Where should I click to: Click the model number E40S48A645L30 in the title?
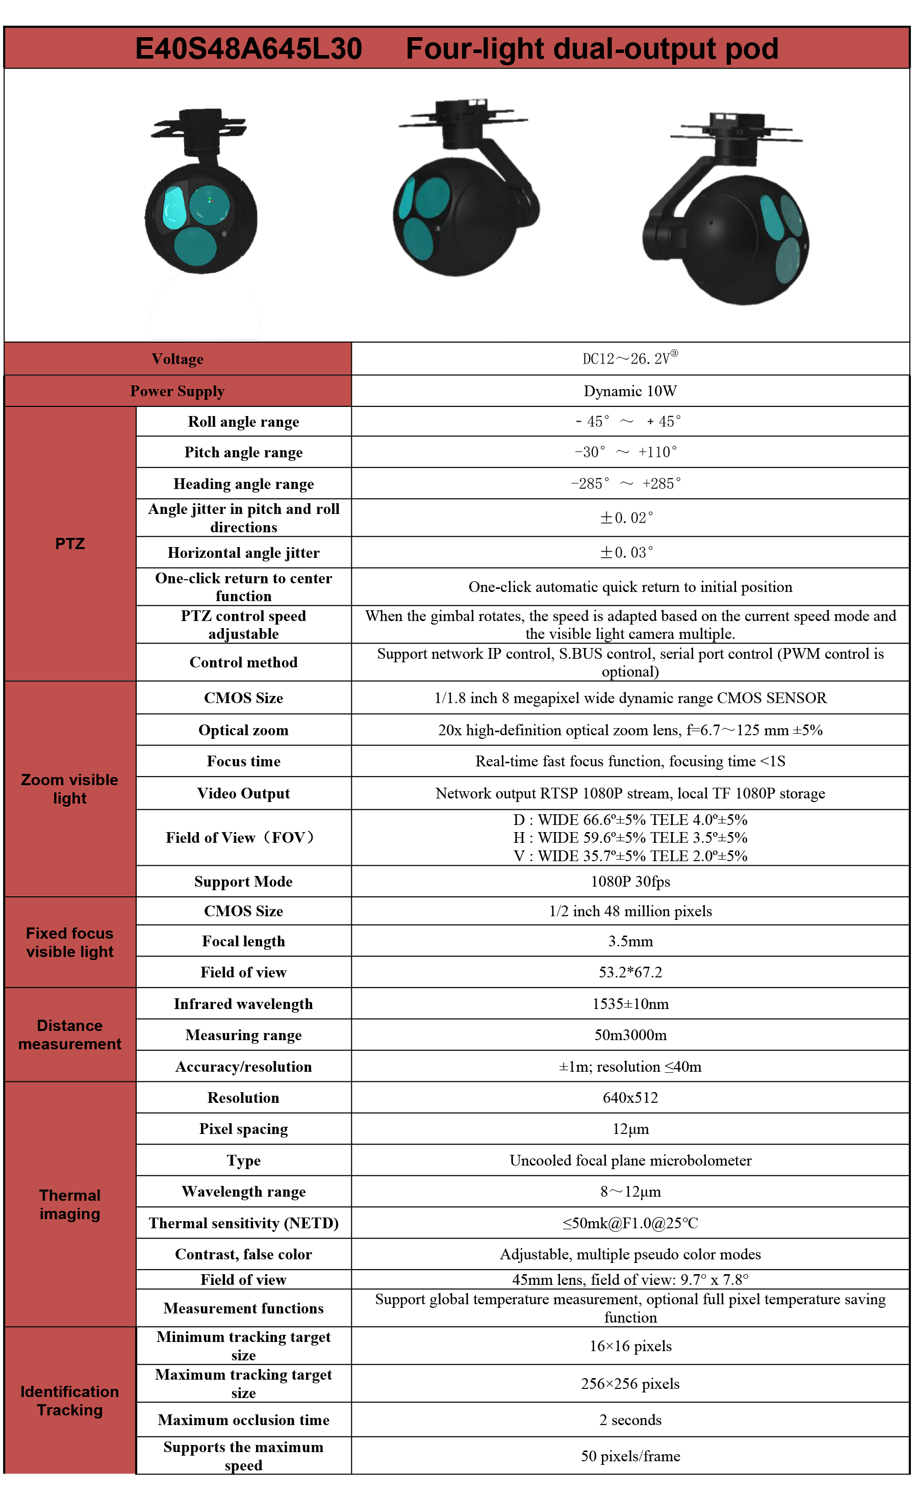[248, 48]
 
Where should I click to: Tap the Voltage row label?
[177, 359]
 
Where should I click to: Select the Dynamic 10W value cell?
[630, 391]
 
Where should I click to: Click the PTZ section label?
[70, 544]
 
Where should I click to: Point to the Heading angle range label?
[243, 484]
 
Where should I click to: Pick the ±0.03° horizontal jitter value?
[627, 552]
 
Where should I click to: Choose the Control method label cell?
[243, 662]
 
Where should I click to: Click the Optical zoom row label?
[243, 730]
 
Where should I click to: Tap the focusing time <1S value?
[630, 761]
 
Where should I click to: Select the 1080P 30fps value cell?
[630, 882]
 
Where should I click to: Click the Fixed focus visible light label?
[70, 942]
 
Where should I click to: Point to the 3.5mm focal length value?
[630, 941]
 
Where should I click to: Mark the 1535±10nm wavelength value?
[630, 1004]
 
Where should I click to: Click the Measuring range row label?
[243, 1035]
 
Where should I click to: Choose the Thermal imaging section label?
[70, 1204]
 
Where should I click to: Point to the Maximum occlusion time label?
[243, 1420]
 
